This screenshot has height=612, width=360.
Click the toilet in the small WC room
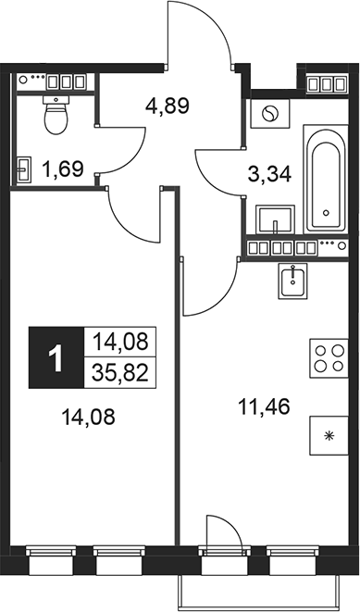[x=57, y=117]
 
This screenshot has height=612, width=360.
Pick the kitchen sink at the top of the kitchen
[x=292, y=281]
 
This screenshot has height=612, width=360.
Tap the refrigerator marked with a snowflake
[x=326, y=434]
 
